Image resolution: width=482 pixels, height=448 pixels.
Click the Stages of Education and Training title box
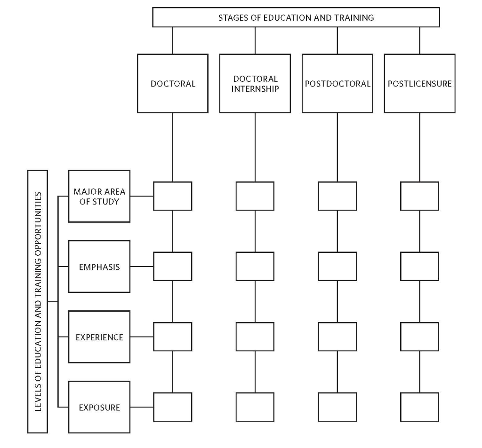296,17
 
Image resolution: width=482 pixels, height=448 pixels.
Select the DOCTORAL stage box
173,84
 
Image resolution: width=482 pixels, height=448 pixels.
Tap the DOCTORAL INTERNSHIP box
255,84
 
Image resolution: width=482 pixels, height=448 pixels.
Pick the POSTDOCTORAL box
337,84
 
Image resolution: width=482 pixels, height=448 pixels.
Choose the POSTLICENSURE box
419,84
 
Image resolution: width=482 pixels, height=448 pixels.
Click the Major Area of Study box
99,196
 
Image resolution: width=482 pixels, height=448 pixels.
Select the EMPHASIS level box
99,267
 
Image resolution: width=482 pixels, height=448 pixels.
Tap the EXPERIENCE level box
99,337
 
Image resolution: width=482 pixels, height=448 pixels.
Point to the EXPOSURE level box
99,407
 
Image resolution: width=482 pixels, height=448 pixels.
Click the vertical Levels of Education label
38,301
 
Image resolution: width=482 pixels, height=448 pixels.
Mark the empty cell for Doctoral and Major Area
173,196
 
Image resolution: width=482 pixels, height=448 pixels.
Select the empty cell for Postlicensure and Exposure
419,407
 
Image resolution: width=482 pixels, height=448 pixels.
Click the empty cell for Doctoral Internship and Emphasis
255,267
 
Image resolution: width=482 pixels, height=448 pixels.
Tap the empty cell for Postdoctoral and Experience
337,337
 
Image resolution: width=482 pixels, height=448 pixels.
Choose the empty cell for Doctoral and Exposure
173,407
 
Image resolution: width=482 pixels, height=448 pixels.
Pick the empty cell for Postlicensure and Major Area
419,196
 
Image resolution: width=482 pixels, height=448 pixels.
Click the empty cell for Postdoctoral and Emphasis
337,267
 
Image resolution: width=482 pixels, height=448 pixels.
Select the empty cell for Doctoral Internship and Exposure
255,407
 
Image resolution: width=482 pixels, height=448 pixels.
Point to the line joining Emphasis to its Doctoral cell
142,267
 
